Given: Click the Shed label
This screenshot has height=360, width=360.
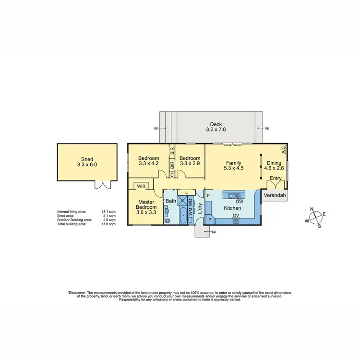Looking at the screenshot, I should pyautogui.click(x=87, y=159).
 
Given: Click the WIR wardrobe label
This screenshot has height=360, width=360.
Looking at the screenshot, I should pyautogui.click(x=142, y=185).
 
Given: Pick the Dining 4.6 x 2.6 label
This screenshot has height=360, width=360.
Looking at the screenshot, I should pyautogui.click(x=275, y=166).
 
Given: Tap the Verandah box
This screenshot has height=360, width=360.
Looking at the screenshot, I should pyautogui.click(x=275, y=196).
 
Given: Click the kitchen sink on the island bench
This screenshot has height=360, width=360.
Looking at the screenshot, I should pyautogui.click(x=236, y=195).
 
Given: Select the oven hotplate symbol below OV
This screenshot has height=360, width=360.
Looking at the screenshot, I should pyautogui.click(x=236, y=221).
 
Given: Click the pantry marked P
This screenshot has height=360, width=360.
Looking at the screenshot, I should pyautogui.click(x=210, y=219).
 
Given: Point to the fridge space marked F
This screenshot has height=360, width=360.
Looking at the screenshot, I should pyautogui.click(x=208, y=196).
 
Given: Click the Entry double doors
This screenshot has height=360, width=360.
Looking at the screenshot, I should pyautogui.click(x=276, y=184).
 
